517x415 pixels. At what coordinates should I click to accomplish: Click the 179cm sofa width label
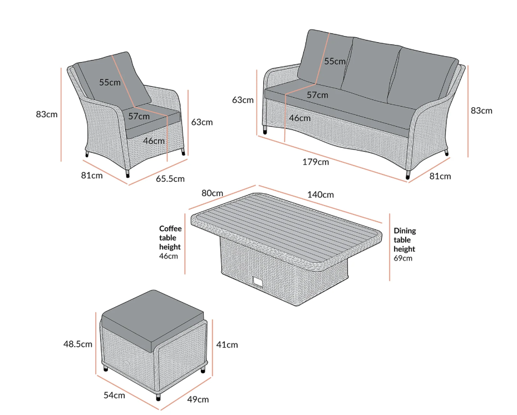click(x=316, y=162)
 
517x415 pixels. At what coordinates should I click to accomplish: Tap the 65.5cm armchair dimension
click(x=170, y=179)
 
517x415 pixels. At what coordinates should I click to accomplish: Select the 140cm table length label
click(x=321, y=194)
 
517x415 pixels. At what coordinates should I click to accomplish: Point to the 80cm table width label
click(x=212, y=194)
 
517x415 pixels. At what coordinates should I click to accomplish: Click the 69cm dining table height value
click(x=403, y=258)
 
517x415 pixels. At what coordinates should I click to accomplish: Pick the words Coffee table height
click(x=170, y=238)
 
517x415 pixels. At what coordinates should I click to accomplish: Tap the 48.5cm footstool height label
click(x=78, y=344)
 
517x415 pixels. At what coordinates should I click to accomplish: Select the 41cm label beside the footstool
click(x=227, y=344)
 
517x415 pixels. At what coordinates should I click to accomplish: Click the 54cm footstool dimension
click(x=114, y=395)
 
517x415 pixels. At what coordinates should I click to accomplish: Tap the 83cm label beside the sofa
click(x=481, y=111)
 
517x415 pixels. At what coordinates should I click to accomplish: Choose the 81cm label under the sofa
click(x=440, y=176)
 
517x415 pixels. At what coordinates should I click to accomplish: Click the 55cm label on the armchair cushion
click(x=110, y=82)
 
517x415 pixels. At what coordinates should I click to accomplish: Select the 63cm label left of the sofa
click(x=243, y=100)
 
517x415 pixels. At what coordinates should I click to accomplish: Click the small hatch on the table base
click(x=258, y=283)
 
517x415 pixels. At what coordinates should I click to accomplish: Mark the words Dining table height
click(x=405, y=240)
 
